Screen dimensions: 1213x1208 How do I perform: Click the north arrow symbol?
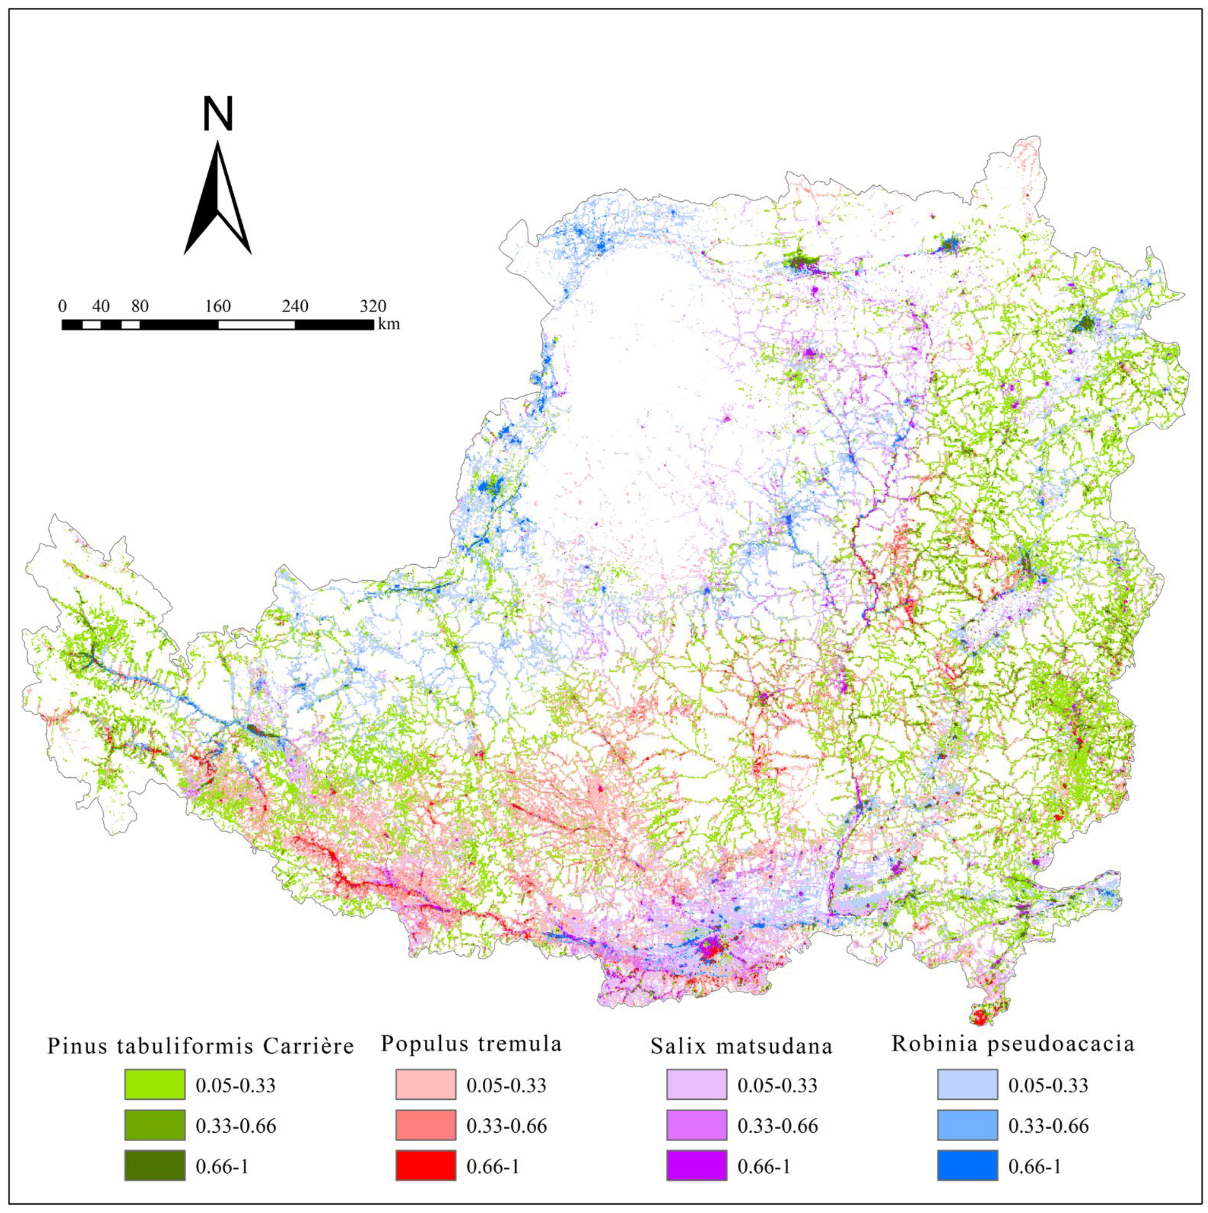tap(217, 198)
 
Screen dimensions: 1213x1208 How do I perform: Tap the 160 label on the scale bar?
tap(218, 306)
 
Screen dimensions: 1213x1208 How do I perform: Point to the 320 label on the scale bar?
tap(373, 306)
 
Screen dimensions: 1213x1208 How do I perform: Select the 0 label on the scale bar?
tap(62, 306)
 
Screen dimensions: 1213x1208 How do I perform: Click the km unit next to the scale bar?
tap(388, 325)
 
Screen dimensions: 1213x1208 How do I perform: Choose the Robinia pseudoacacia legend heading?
tap(1013, 1044)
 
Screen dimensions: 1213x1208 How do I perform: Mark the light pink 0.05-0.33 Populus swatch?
tap(426, 1084)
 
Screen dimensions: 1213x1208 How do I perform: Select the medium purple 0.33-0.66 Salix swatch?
tap(696, 1125)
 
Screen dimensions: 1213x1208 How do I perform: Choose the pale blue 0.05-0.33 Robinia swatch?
tap(967, 1084)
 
